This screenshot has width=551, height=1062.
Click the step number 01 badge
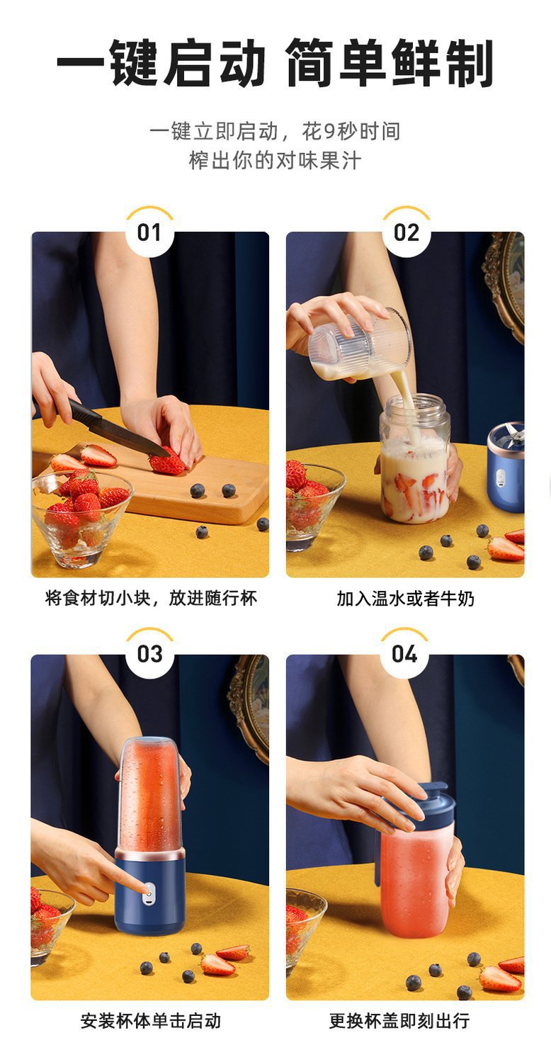(149, 232)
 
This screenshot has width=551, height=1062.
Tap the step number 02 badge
(407, 232)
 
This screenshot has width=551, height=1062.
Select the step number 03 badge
(149, 654)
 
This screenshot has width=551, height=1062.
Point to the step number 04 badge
(404, 654)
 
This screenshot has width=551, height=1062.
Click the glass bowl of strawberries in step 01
(81, 516)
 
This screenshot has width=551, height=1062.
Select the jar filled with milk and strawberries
(415, 459)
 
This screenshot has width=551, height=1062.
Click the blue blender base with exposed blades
(506, 467)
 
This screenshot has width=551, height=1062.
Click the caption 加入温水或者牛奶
(405, 599)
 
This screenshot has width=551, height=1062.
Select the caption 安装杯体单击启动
(151, 1021)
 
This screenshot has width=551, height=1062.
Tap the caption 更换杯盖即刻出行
(399, 1021)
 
